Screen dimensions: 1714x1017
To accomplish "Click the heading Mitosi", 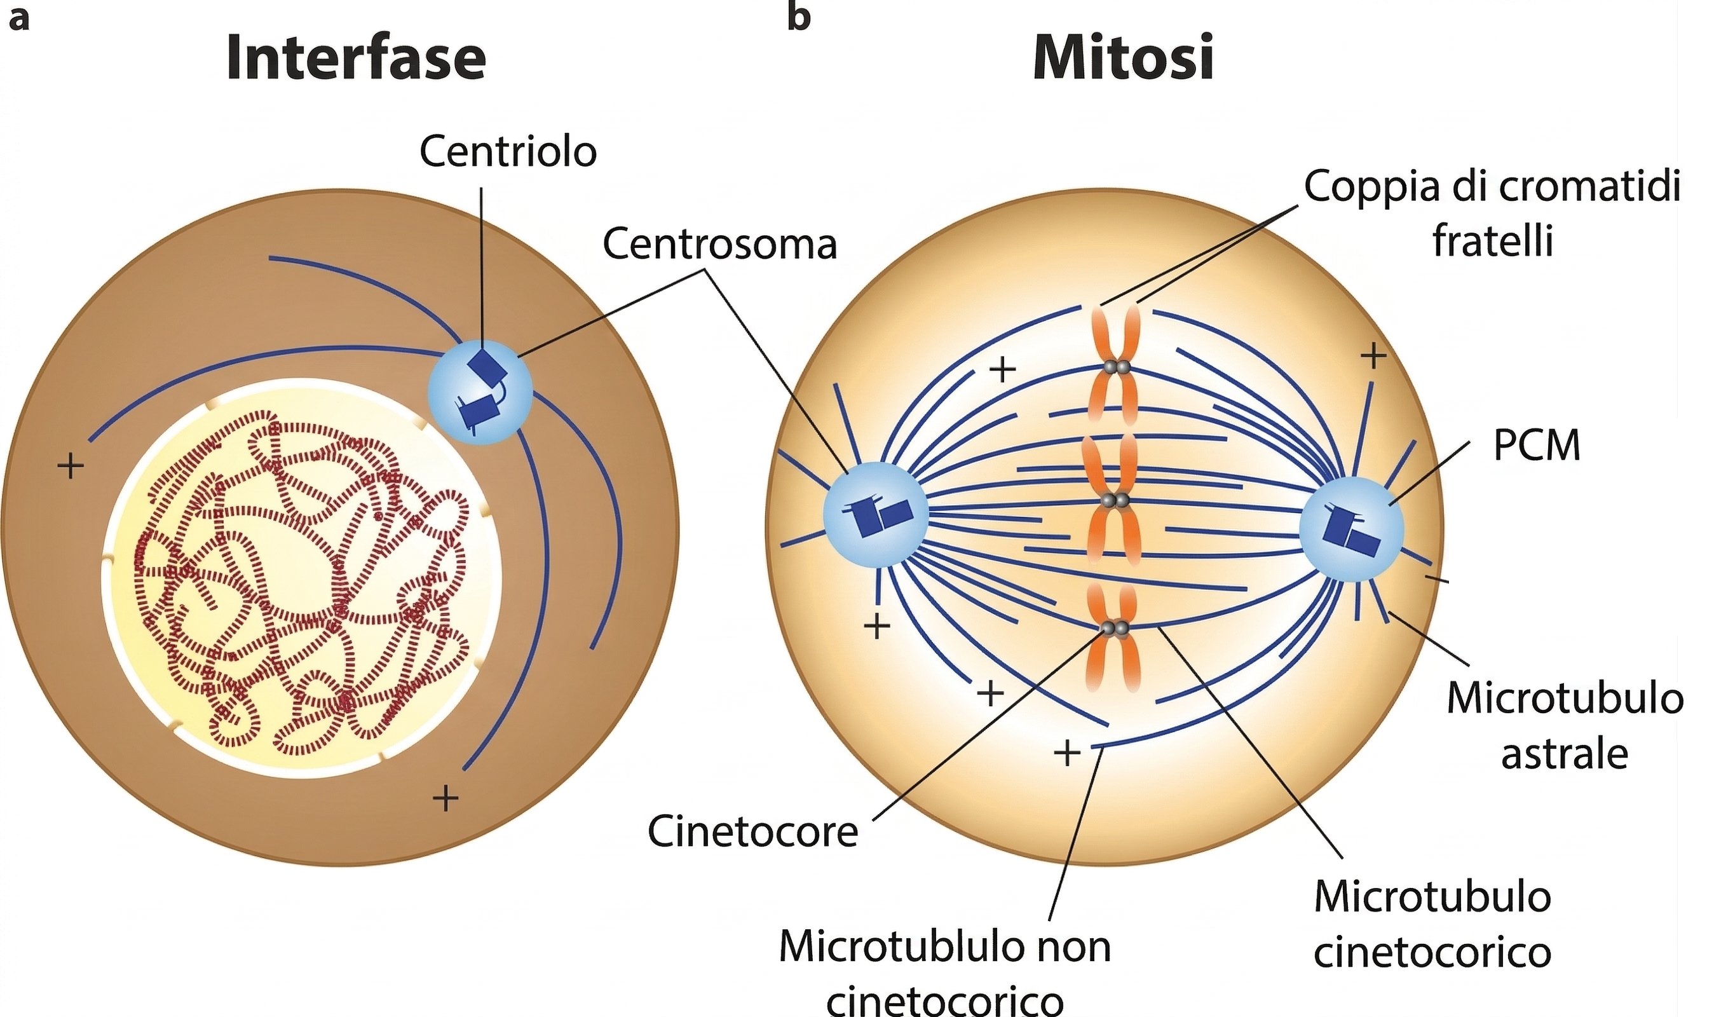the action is tap(1124, 59).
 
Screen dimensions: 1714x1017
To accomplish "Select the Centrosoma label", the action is tap(720, 244).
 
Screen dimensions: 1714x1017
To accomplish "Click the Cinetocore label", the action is tap(753, 832).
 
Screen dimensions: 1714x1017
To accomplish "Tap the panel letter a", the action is tap(18, 19).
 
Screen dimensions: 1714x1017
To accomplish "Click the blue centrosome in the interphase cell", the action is tap(480, 392).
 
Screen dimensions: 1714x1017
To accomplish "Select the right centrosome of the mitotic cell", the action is tap(1352, 529).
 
